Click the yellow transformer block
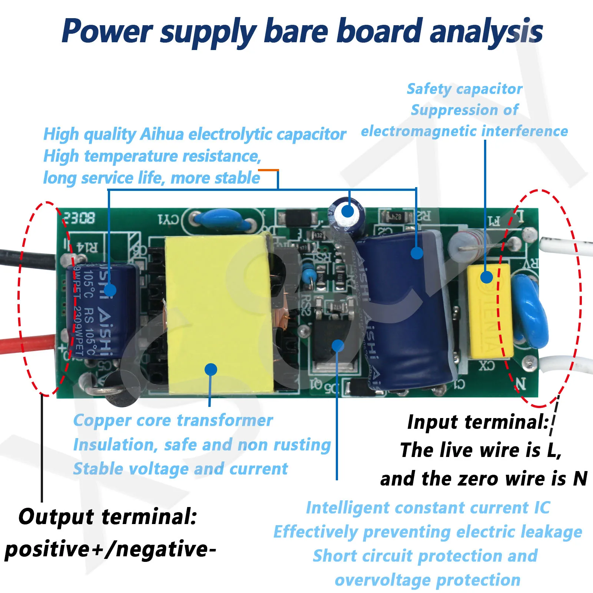[219, 315]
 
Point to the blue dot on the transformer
[211, 369]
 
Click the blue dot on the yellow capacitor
[486, 277]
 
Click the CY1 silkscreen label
[169, 219]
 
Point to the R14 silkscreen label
[87, 247]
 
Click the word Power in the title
[107, 32]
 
